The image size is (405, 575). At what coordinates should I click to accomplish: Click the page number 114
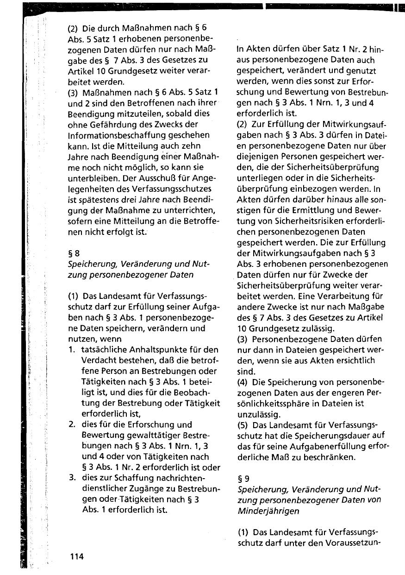75,556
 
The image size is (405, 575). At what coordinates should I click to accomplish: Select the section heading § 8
74,253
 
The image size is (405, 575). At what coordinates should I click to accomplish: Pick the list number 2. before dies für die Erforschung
72,424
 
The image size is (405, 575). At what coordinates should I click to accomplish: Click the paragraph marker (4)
243,383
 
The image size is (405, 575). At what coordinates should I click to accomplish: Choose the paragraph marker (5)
243,424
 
